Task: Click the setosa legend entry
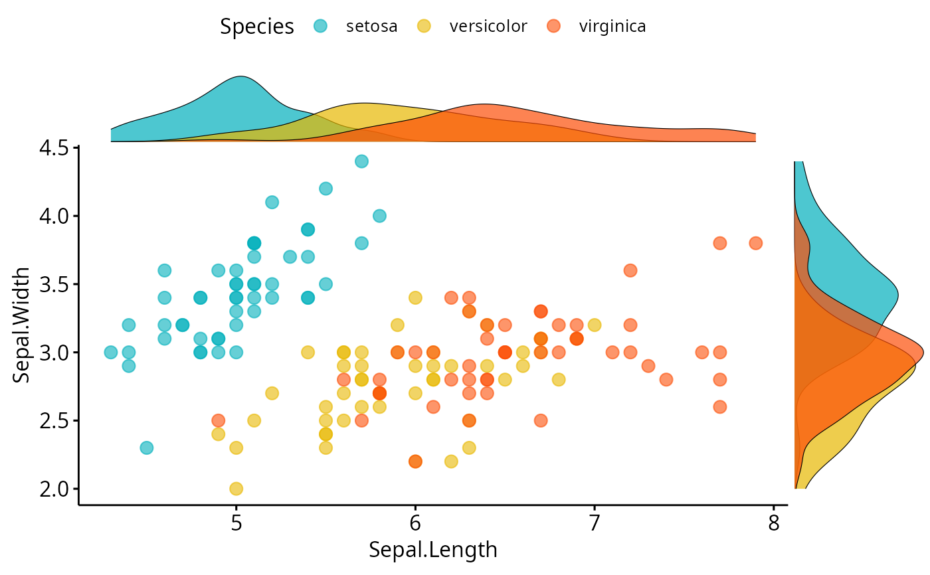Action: [x=371, y=27]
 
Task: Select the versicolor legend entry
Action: [x=488, y=27]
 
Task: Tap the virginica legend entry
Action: [x=612, y=27]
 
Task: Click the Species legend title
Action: [x=257, y=27]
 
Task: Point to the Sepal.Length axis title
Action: [x=433, y=550]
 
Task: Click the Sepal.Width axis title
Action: [x=21, y=325]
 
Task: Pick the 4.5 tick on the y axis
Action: [x=52, y=147]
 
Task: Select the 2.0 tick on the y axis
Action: [x=52, y=489]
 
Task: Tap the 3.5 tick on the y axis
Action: [x=52, y=284]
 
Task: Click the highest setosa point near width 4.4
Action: [x=361, y=161]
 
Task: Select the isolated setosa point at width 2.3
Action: [x=146, y=448]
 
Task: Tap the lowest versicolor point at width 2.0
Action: [x=236, y=489]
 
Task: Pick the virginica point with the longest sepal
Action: [x=755, y=243]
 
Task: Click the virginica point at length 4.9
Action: [x=218, y=420]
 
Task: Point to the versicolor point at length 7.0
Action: [x=595, y=325]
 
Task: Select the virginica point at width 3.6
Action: [x=630, y=270]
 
